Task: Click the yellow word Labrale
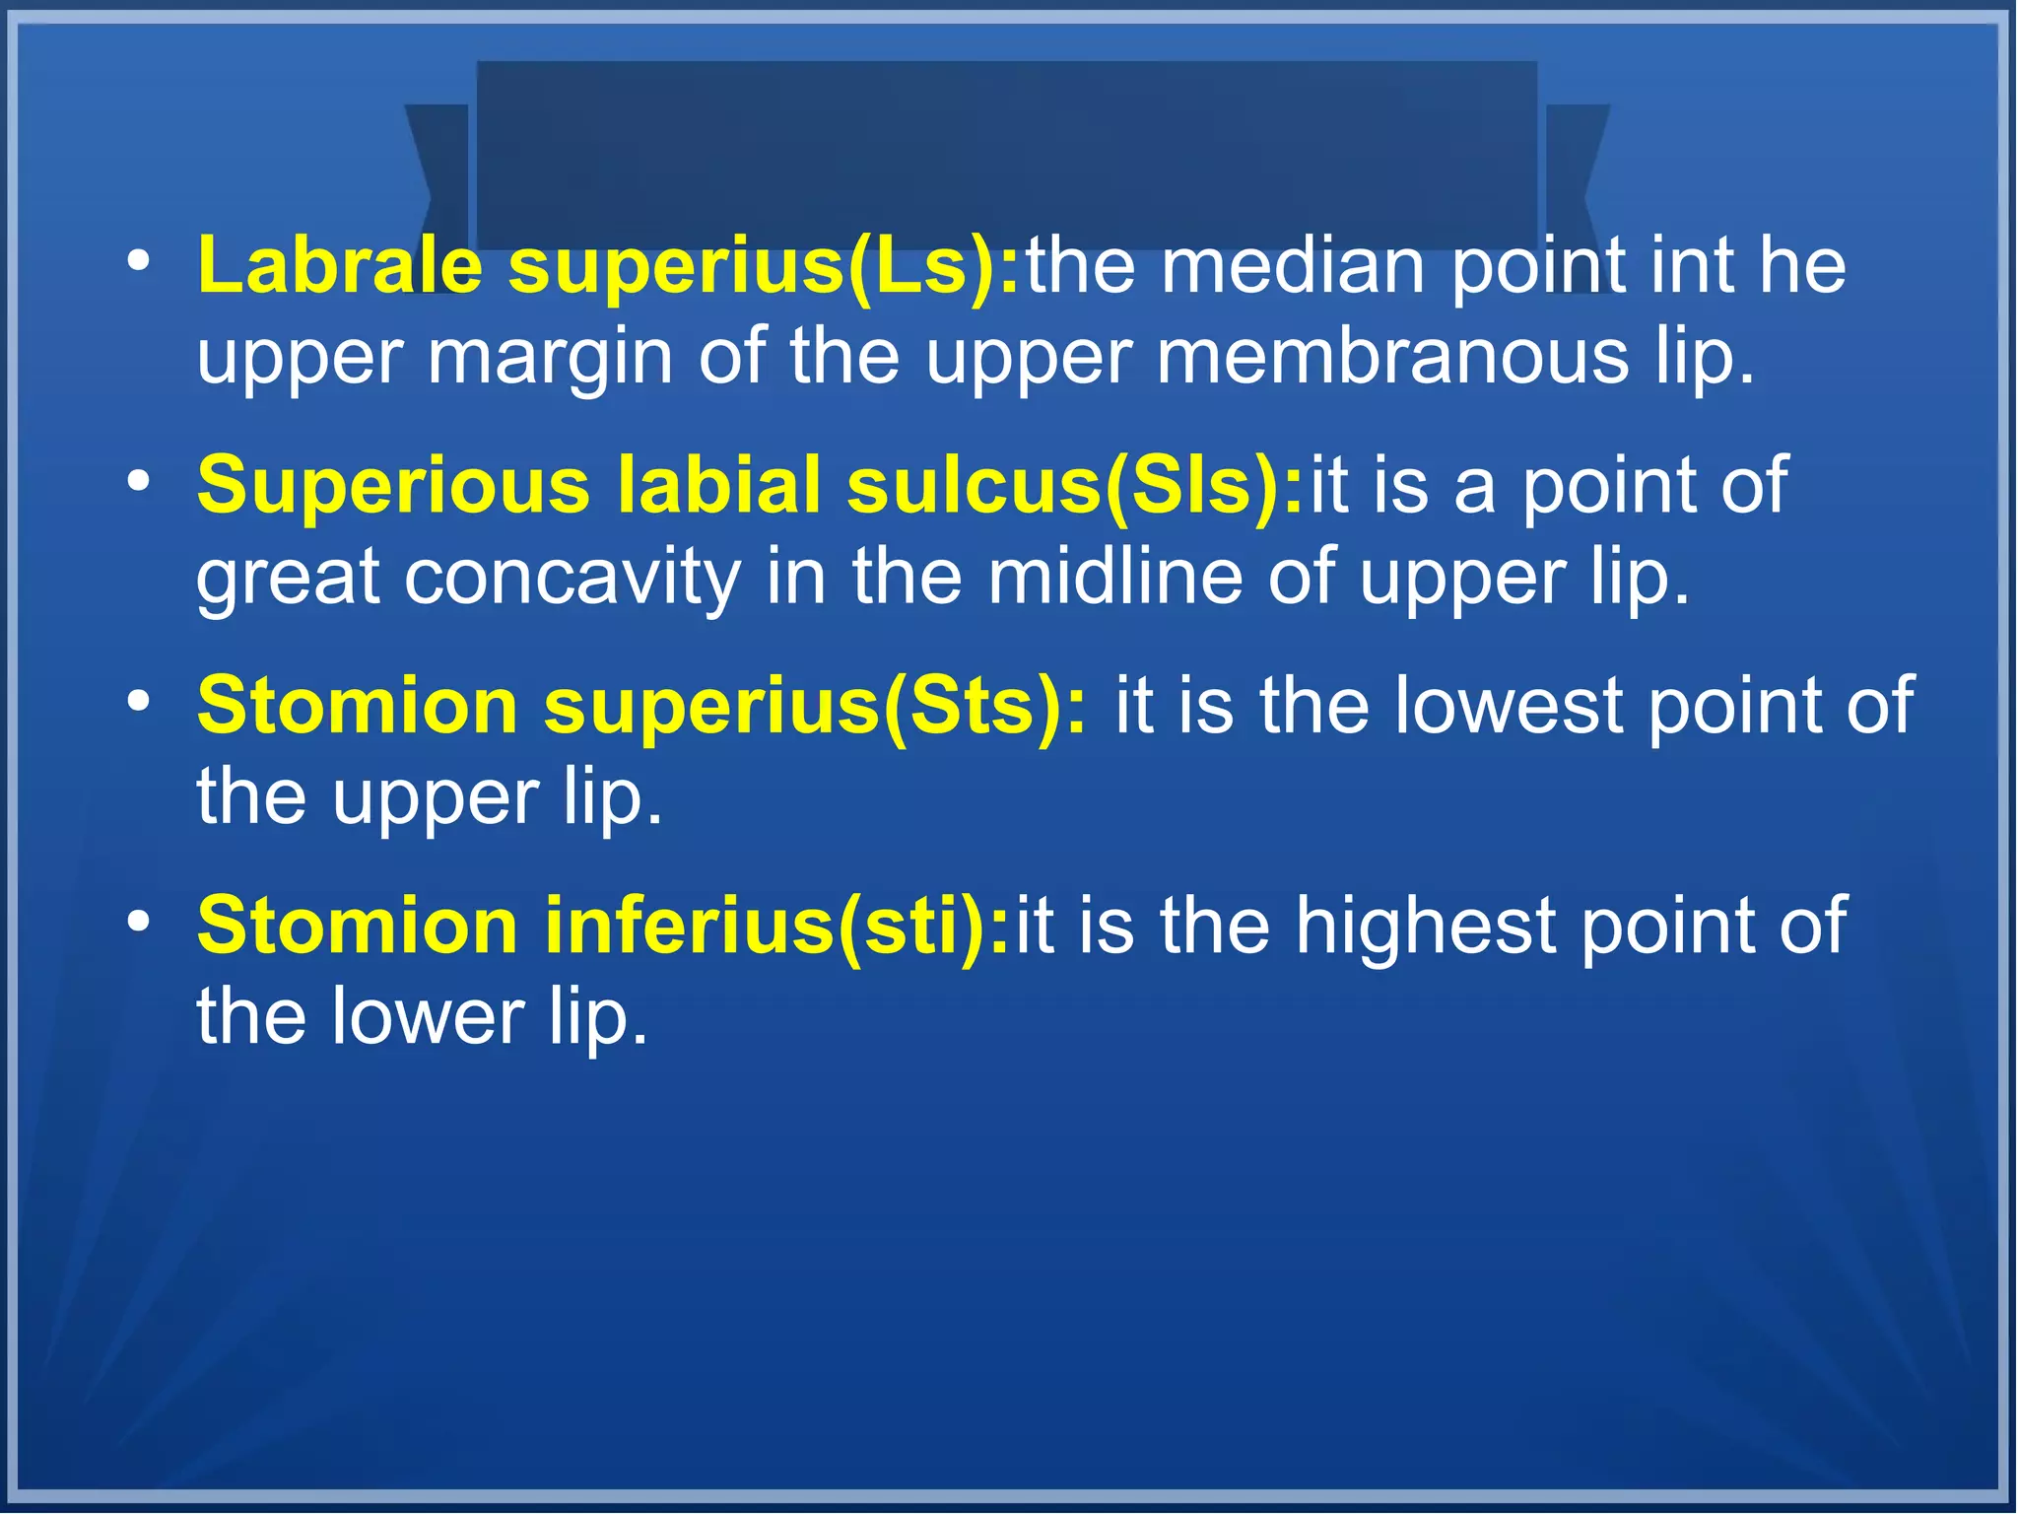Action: (340, 266)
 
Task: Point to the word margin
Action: (550, 357)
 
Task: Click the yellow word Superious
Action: (393, 485)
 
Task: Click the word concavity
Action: (572, 577)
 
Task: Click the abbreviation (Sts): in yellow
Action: (985, 706)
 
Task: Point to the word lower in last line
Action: (428, 1016)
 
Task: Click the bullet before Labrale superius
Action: (139, 262)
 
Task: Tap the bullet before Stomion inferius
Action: (139, 922)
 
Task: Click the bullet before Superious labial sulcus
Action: (139, 482)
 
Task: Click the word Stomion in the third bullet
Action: (358, 706)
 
